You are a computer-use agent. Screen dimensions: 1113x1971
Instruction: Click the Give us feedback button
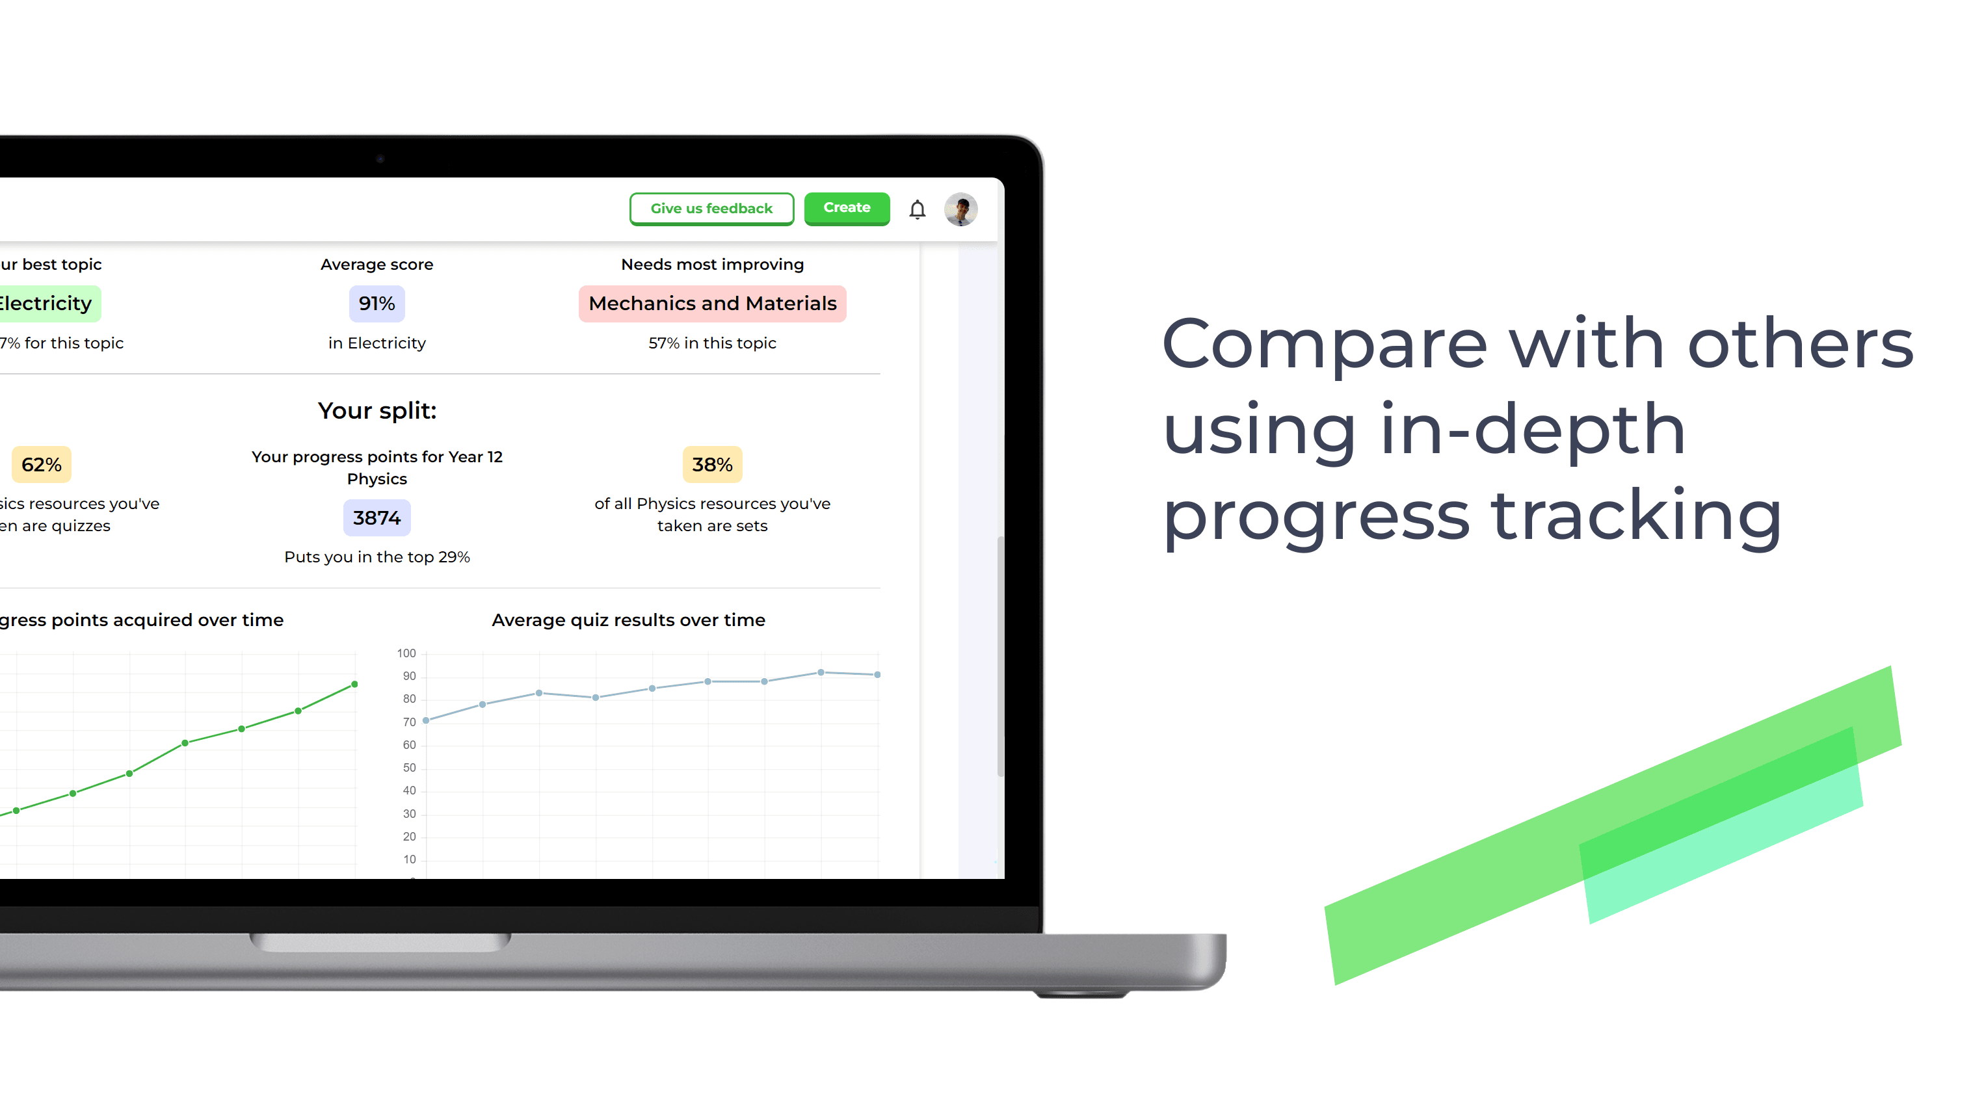tap(711, 209)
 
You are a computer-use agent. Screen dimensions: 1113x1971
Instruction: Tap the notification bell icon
tap(917, 209)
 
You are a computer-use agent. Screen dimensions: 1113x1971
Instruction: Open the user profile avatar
tap(960, 209)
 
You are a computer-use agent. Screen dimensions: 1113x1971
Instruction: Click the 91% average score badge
tap(377, 304)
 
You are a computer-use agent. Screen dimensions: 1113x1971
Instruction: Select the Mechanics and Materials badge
tap(711, 304)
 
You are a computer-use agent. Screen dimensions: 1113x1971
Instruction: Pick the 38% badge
tap(711, 464)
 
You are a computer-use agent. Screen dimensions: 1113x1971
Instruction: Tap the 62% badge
tap(42, 464)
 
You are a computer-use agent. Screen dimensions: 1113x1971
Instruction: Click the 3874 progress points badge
tap(377, 518)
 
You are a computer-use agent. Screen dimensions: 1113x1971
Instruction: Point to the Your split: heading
tap(377, 411)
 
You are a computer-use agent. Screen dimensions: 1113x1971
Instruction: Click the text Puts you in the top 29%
tap(377, 557)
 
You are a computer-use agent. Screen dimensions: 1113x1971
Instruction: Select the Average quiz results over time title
tap(628, 620)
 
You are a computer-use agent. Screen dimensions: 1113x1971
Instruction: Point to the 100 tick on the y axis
tap(406, 653)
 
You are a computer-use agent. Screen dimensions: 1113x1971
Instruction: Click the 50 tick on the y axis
tap(409, 767)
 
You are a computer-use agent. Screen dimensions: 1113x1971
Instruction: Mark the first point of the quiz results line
tap(426, 720)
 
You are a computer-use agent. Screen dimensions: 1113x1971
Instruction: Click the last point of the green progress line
tap(354, 684)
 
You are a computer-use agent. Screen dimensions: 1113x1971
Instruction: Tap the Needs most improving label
tap(711, 264)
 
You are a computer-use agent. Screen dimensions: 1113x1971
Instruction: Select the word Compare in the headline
tap(1325, 344)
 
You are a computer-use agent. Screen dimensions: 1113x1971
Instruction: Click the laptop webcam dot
tap(380, 159)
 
